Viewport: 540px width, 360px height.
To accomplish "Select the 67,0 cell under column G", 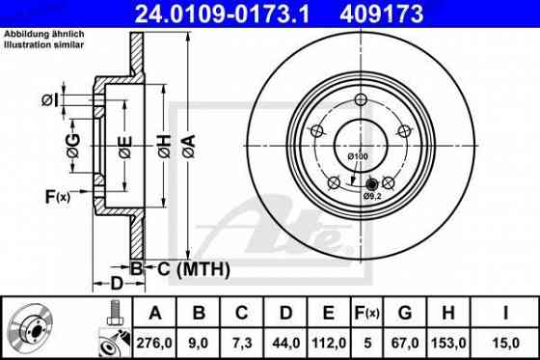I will click(x=405, y=340).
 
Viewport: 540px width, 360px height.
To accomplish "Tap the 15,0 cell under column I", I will click(x=501, y=340).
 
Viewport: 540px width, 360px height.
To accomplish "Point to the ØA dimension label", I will click(x=189, y=145).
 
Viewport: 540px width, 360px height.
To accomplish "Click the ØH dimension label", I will click(x=163, y=145).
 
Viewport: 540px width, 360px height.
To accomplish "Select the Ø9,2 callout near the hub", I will click(x=372, y=197).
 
